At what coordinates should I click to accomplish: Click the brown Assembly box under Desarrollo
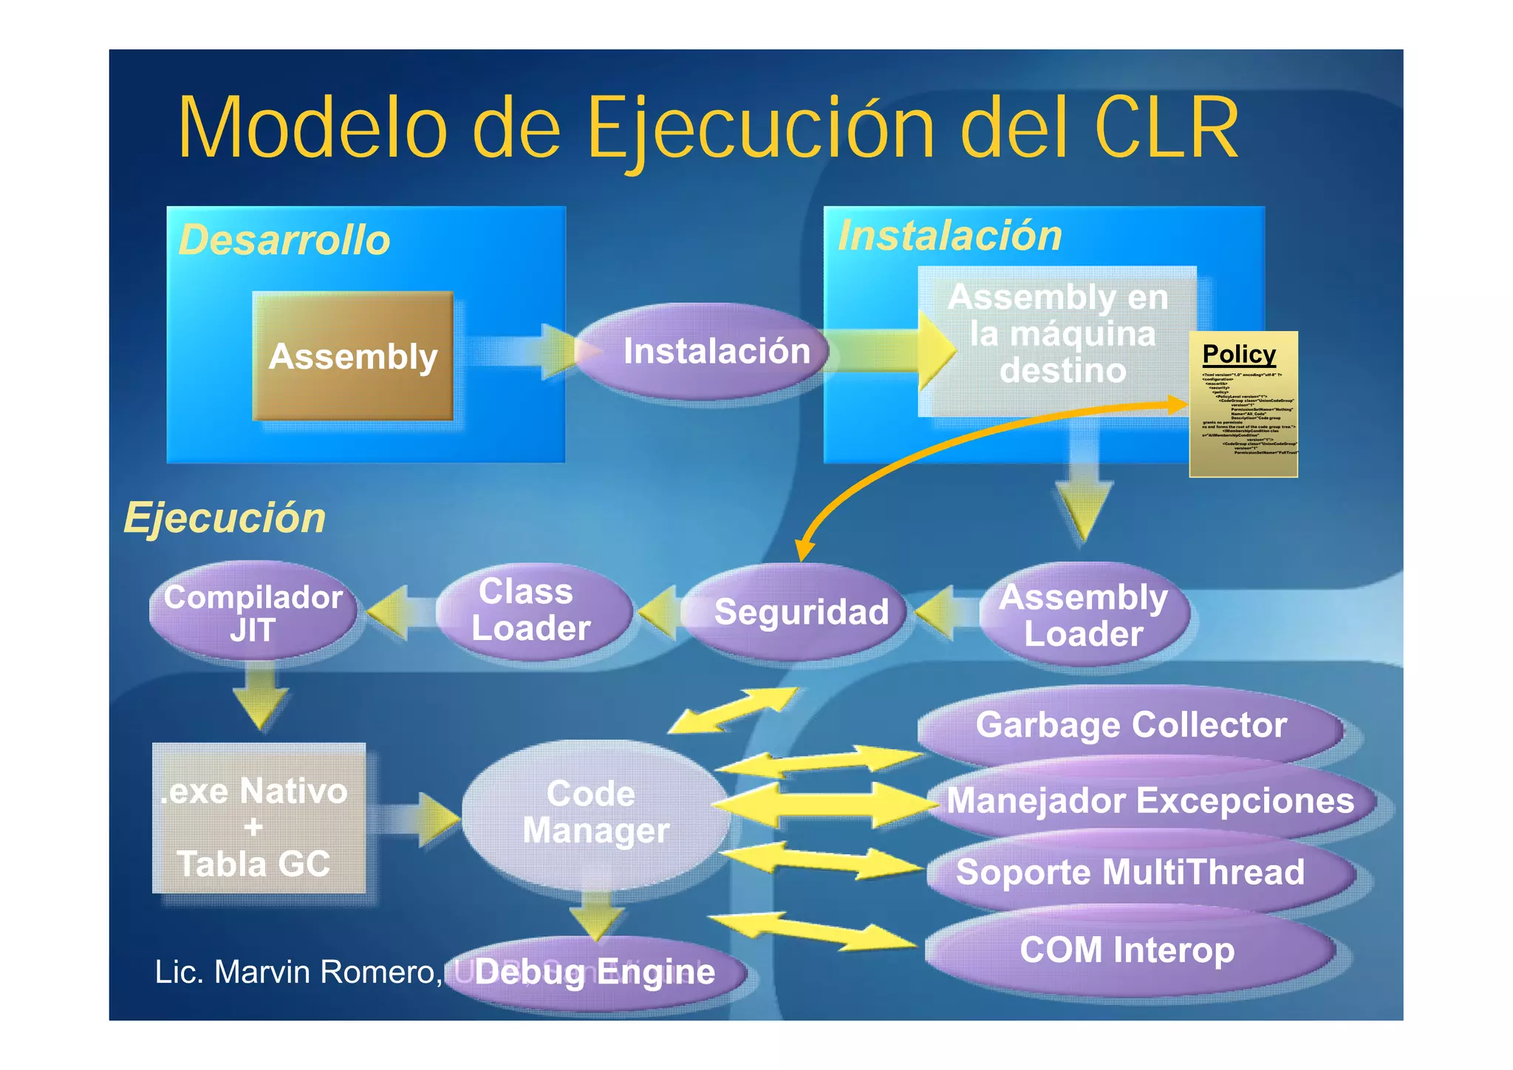coord(352,356)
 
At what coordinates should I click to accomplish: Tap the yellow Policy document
coord(1243,404)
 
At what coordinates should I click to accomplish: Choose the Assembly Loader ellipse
coord(1083,616)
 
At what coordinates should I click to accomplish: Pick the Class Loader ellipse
coord(532,611)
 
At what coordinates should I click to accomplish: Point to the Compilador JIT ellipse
coord(253,613)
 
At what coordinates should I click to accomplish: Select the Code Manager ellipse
coord(595,813)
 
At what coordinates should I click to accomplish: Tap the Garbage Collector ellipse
coord(1130,725)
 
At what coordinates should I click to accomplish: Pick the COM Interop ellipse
coord(1127,951)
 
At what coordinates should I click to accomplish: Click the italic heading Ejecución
coord(225,517)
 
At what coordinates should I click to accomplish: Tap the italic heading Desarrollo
coord(284,240)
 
